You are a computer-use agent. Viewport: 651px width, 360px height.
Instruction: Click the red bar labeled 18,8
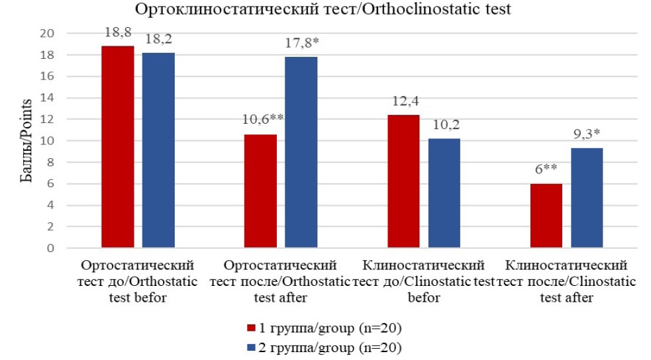(x=118, y=147)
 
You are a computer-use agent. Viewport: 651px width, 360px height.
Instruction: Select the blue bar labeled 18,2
(x=158, y=150)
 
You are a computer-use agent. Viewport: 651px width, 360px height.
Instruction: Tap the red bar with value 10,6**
(x=260, y=191)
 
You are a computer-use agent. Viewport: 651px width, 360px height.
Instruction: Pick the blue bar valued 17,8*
(x=301, y=152)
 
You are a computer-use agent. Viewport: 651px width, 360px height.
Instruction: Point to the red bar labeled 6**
(x=546, y=216)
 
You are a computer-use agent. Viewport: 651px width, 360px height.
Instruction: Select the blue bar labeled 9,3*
(x=586, y=198)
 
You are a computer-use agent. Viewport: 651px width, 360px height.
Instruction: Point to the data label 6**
(x=546, y=169)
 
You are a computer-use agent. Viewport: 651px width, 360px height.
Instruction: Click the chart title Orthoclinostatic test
(x=324, y=10)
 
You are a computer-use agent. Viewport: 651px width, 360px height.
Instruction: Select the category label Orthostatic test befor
(x=139, y=281)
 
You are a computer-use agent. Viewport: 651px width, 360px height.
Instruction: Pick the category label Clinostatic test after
(x=566, y=281)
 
